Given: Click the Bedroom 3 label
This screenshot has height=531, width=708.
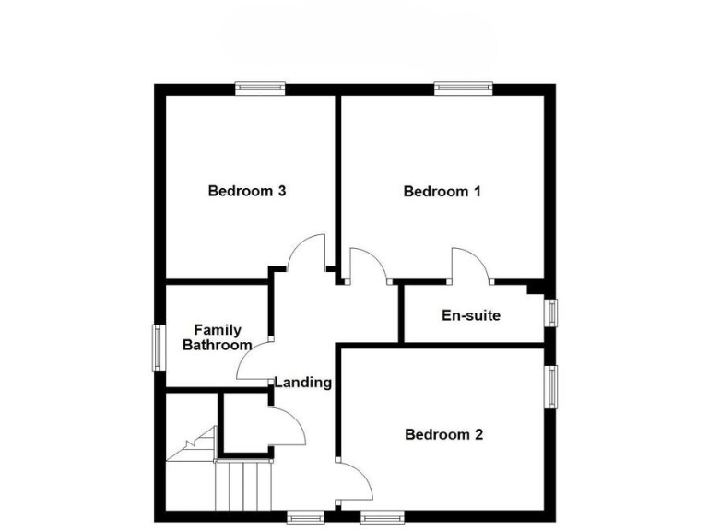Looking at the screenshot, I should (x=246, y=192).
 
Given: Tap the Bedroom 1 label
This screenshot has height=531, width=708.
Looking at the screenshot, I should (x=442, y=192).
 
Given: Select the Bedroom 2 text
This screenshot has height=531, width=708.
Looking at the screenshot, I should (x=443, y=434).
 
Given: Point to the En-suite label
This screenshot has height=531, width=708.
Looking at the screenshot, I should (x=471, y=315).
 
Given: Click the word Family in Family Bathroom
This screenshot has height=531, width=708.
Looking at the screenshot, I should (x=218, y=330).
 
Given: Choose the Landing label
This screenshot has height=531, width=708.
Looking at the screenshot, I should (x=303, y=382).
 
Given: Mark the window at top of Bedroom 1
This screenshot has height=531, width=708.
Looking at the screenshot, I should (x=463, y=88).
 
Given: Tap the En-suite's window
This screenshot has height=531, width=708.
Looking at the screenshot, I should (x=551, y=312).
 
